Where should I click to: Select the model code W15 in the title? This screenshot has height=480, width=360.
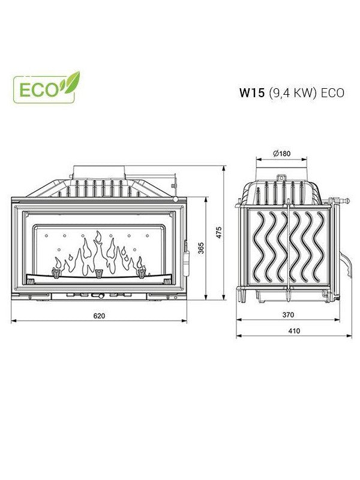(252, 93)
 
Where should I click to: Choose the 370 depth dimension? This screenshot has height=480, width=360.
(288, 314)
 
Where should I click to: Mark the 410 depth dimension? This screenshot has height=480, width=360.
(294, 331)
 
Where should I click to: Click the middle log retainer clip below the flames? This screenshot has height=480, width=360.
(99, 274)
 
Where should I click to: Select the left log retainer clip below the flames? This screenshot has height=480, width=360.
(58, 273)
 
